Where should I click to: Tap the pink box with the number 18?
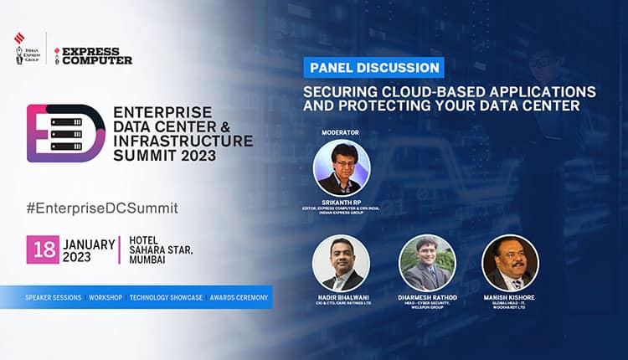(42, 249)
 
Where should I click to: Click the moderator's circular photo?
(342, 167)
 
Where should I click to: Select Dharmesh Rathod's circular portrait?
(427, 262)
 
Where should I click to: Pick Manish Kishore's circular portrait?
(510, 262)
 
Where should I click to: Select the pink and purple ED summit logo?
(65, 133)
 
